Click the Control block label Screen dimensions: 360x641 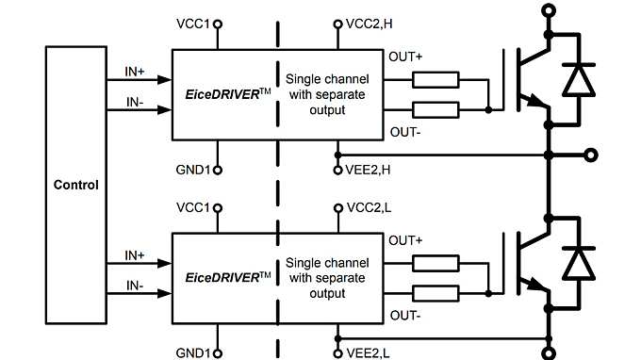point(76,185)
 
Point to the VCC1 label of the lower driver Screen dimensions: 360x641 point(193,206)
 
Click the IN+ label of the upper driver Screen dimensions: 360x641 point(135,71)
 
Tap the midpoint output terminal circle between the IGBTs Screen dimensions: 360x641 point(590,155)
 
